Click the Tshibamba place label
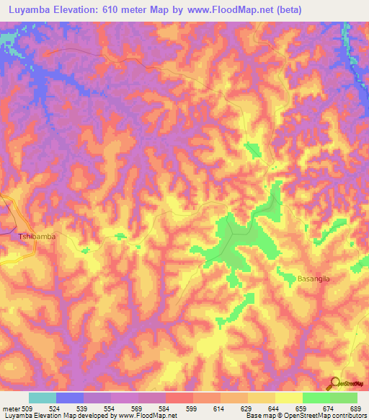pyautogui.click(x=37, y=236)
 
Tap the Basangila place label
pyautogui.click(x=313, y=278)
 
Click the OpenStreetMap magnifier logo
pyautogui.click(x=334, y=383)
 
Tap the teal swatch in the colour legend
pyautogui.click(x=43, y=398)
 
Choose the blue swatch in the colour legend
pyautogui.click(x=70, y=398)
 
